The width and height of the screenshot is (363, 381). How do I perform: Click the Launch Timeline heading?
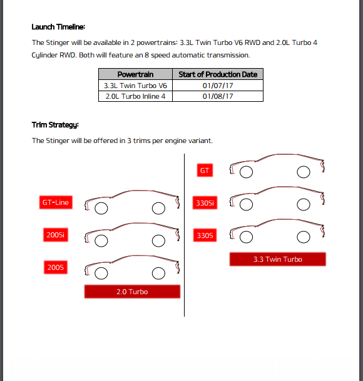point(58,27)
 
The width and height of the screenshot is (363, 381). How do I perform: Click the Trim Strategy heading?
point(55,125)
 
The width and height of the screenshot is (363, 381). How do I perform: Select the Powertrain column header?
point(135,74)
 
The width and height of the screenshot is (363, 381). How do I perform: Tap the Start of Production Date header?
point(218,74)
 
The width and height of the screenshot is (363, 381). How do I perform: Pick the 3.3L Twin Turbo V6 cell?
point(135,86)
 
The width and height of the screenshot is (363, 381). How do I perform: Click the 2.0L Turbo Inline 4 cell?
point(135,96)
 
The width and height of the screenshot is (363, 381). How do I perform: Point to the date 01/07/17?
point(218,86)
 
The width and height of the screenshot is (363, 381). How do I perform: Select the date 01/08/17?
point(218,96)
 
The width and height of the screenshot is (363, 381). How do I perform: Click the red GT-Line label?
point(56,202)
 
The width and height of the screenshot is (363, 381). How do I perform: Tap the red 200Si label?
point(56,235)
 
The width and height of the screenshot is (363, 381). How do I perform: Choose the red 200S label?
point(56,267)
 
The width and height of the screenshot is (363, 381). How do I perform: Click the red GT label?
point(205,171)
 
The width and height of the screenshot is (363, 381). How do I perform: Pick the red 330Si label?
point(205,202)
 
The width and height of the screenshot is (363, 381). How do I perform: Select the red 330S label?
point(205,235)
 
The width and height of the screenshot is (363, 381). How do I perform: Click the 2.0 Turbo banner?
point(132,292)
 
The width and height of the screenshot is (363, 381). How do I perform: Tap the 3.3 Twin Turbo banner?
point(277,259)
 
